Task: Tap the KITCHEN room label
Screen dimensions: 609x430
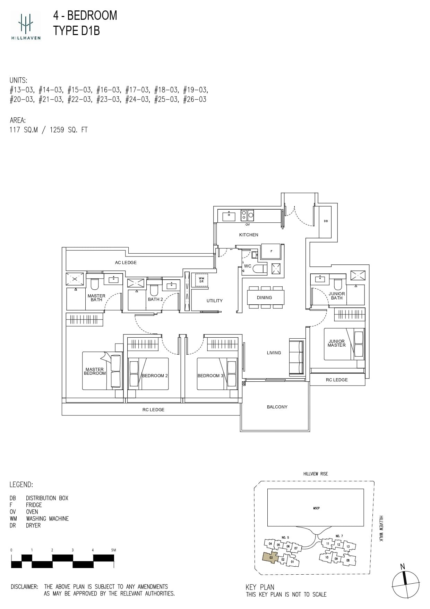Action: pyautogui.click(x=249, y=235)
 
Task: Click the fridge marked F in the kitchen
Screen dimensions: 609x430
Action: pyautogui.click(x=271, y=251)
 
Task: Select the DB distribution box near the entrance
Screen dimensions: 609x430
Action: pyautogui.click(x=326, y=221)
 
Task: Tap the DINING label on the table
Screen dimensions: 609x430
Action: pyautogui.click(x=264, y=298)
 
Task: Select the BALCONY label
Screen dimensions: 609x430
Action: pyautogui.click(x=277, y=407)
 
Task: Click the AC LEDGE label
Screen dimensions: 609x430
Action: pyautogui.click(x=126, y=263)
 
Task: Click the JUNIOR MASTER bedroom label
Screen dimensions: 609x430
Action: pyautogui.click(x=336, y=343)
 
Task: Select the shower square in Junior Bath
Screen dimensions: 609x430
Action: pyautogui.click(x=358, y=276)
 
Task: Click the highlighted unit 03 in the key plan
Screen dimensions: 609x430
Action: pyautogui.click(x=271, y=558)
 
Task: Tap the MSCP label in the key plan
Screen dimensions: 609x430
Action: pyautogui.click(x=316, y=508)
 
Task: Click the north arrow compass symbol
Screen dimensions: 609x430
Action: pyautogui.click(x=405, y=583)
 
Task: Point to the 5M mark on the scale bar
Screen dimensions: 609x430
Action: pyautogui.click(x=113, y=550)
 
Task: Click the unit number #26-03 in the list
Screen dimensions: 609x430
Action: pyautogui.click(x=195, y=100)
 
